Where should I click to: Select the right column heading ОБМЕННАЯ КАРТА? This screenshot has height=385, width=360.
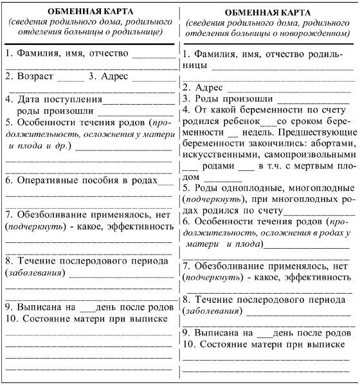pos(269,13)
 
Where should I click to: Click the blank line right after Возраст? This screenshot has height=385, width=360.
pos(75,78)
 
